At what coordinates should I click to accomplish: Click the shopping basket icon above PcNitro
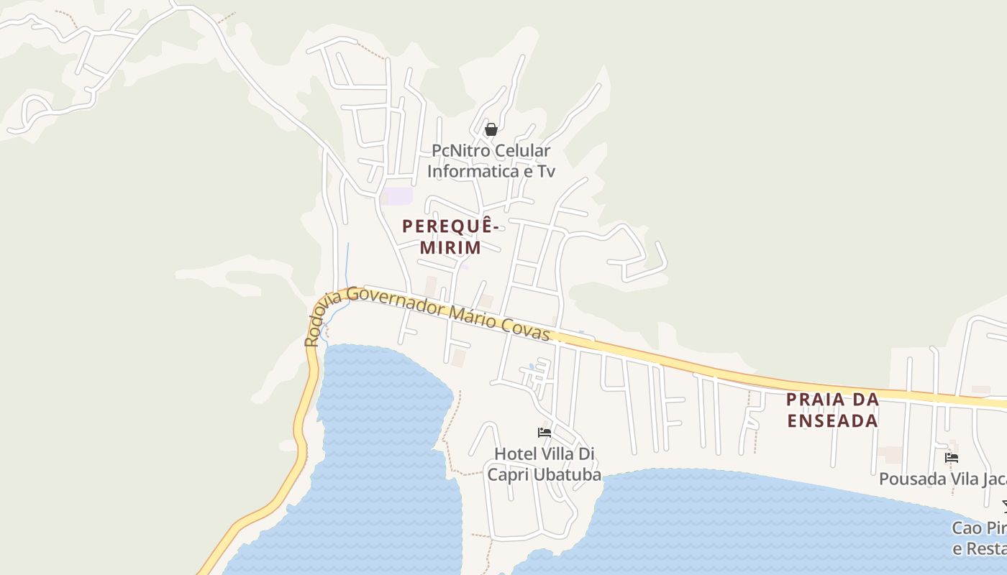pyautogui.click(x=491, y=129)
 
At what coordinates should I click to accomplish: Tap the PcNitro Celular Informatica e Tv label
pyautogui.click(x=491, y=161)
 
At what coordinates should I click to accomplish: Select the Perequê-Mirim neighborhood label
pyautogui.click(x=450, y=236)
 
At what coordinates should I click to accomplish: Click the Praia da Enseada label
pyautogui.click(x=832, y=410)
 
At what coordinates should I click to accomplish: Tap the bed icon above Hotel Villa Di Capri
pyautogui.click(x=544, y=432)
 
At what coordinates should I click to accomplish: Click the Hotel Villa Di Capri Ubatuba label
pyautogui.click(x=544, y=464)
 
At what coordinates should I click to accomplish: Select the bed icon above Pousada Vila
pyautogui.click(x=952, y=457)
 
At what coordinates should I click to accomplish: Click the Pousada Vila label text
pyautogui.click(x=942, y=479)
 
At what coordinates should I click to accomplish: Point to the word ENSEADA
pyautogui.click(x=832, y=420)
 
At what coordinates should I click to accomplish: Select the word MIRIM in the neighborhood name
pyautogui.click(x=450, y=248)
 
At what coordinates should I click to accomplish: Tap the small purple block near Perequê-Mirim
pyautogui.click(x=398, y=195)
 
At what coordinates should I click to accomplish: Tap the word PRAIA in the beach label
pyautogui.click(x=810, y=399)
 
